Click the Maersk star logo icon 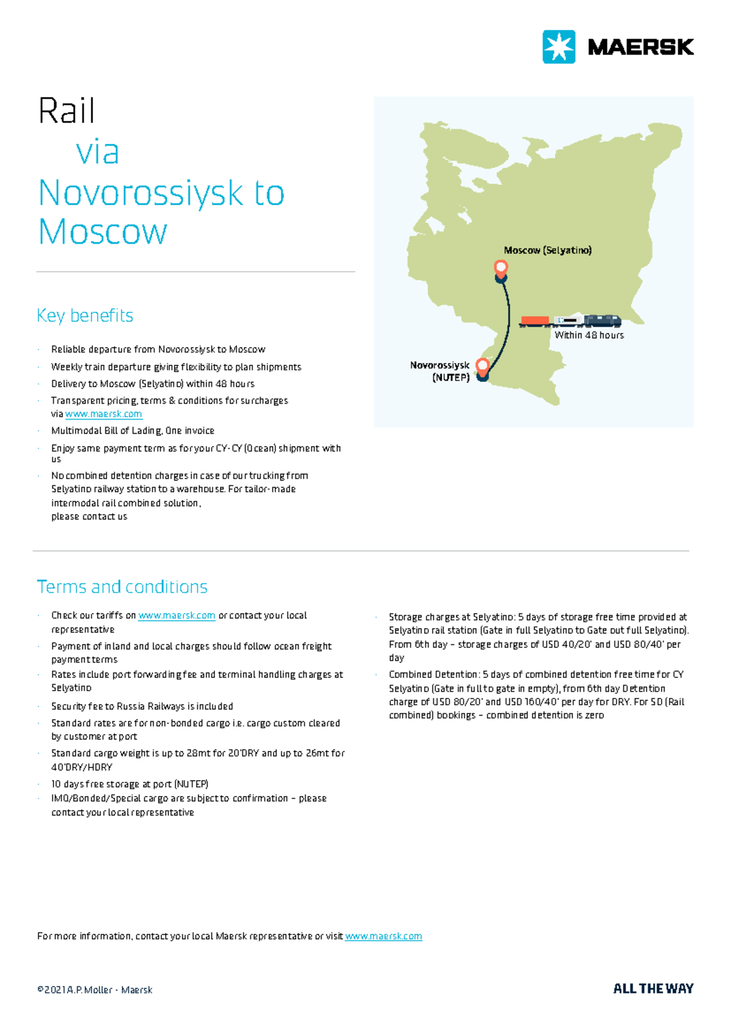click(x=559, y=47)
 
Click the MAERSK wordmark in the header click(x=641, y=48)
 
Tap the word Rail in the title click(x=66, y=111)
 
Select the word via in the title click(x=97, y=152)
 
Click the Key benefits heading click(x=85, y=316)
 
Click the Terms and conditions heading click(x=122, y=587)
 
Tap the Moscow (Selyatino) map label click(x=548, y=250)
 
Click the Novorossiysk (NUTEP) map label click(x=440, y=371)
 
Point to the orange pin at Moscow click(x=501, y=268)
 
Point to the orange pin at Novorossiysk click(x=482, y=366)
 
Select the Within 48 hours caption click(x=589, y=335)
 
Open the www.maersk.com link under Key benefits click(x=104, y=414)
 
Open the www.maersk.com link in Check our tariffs click(x=177, y=616)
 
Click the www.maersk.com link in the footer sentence click(x=383, y=936)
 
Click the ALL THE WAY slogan click(x=653, y=989)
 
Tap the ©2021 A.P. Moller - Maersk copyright click(x=94, y=990)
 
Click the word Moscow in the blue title click(x=102, y=232)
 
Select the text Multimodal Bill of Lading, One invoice click(x=133, y=431)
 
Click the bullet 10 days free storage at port click(x=130, y=784)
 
